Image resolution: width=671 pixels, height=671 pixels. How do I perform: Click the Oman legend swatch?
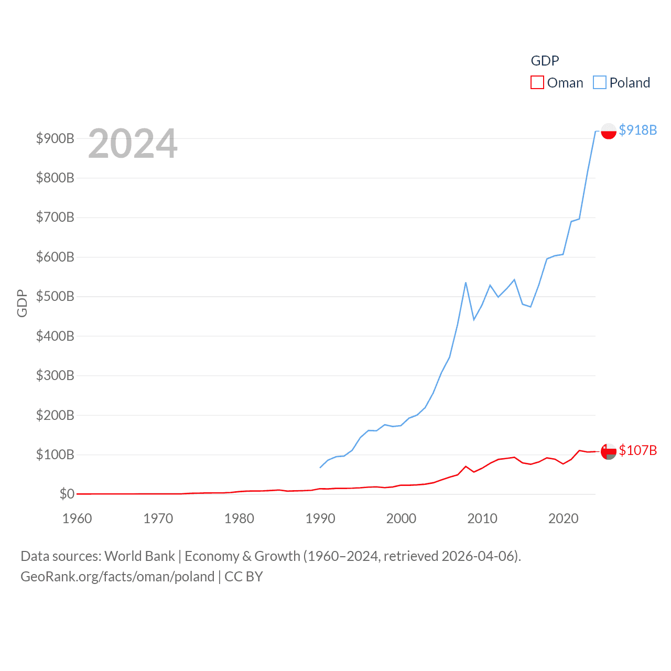pos(537,83)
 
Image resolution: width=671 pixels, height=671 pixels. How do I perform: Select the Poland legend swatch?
pos(599,83)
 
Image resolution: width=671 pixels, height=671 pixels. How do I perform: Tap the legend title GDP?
pos(545,61)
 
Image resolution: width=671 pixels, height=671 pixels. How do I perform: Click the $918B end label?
pos(637,130)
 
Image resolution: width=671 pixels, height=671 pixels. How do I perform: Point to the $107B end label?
pos(637,450)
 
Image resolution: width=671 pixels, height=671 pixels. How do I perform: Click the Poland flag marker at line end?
pos(608,131)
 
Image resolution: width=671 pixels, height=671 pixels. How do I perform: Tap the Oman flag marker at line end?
pos(608,451)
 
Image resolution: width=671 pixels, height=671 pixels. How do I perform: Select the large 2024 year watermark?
pos(133,144)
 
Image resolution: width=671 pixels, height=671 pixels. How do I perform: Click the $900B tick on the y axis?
pos(55,138)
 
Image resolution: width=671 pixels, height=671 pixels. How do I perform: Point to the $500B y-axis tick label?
pos(55,296)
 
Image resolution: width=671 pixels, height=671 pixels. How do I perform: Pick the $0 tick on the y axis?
pos(67,494)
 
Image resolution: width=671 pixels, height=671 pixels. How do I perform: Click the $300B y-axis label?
pos(55,375)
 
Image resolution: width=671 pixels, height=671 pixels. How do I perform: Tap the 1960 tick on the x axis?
pos(77,518)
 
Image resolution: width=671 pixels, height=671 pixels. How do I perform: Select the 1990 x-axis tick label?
pos(320,518)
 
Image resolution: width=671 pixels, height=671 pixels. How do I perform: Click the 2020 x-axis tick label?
pos(563,518)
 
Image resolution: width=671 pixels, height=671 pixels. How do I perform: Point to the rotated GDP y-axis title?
pos(22,303)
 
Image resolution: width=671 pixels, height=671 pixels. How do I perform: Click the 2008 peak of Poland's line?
pos(466,283)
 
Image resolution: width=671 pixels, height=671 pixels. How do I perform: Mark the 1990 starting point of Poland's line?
pos(320,467)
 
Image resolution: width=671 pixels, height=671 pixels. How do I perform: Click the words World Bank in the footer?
pos(139,556)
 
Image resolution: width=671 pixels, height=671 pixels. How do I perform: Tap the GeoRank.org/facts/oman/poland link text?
pos(117,577)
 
